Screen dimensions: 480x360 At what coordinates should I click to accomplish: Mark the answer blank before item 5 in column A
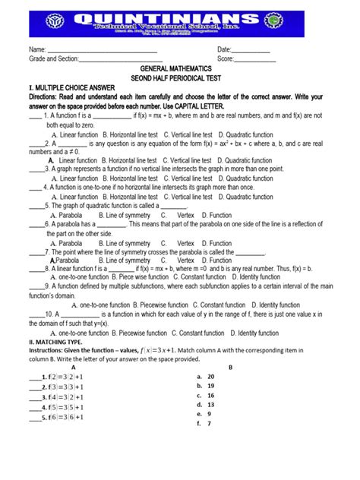[x=33, y=418]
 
